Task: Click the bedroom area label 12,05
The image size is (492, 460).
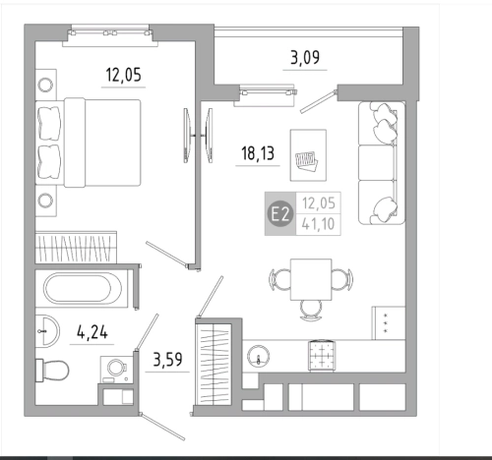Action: point(124,75)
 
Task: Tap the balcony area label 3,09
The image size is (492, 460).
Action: point(305,57)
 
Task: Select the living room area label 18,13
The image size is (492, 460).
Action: point(258,153)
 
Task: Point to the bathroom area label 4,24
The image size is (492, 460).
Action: point(92,332)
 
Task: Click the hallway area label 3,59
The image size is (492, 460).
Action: point(167,360)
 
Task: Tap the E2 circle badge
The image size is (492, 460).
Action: point(280,214)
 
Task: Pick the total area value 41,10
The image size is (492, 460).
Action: point(318,224)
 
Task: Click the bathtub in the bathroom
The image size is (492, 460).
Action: point(82,289)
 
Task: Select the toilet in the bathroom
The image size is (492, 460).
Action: point(52,371)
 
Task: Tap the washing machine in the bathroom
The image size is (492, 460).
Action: point(116,370)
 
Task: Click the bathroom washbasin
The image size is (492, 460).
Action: point(47,331)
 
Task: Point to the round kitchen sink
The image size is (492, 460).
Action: point(259,357)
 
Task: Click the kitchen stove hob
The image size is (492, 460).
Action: point(322,356)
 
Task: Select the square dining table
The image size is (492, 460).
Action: point(311,279)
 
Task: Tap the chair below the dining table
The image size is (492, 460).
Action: point(311,311)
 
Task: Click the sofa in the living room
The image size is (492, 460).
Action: point(382,163)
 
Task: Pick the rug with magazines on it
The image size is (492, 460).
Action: point(308,155)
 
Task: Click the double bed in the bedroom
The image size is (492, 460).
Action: point(89,143)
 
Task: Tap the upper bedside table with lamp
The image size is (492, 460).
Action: point(46,85)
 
